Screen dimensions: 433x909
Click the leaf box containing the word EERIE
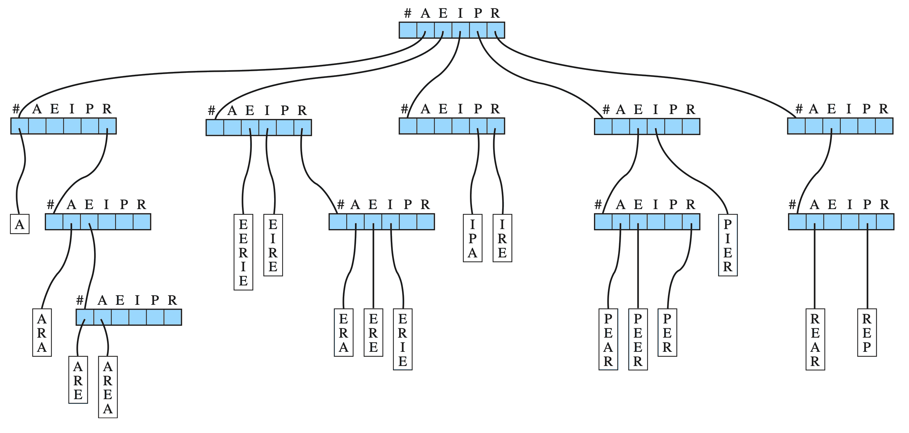[243, 252]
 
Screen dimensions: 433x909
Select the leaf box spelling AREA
[108, 387]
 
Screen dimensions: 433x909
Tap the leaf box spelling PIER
[728, 245]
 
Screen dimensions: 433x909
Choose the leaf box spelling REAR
[815, 340]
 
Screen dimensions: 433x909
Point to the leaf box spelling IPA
[473, 238]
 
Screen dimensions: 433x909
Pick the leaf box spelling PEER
[638, 340]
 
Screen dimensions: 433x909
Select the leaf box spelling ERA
[343, 333]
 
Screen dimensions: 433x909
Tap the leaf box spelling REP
[867, 333]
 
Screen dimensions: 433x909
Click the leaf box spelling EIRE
[273, 245]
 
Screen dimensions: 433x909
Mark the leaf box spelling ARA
[42, 333]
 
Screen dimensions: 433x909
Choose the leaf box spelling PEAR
[608, 340]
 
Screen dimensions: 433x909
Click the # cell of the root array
[408, 30]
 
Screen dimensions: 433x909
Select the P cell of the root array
[478, 30]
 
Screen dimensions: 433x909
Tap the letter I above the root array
[460, 14]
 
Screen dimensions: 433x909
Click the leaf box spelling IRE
[502, 238]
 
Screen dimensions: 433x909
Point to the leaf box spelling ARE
[78, 380]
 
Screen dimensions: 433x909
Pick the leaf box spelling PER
[667, 333]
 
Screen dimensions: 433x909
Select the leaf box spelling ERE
[373, 333]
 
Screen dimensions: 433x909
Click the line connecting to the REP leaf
[867, 268]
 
